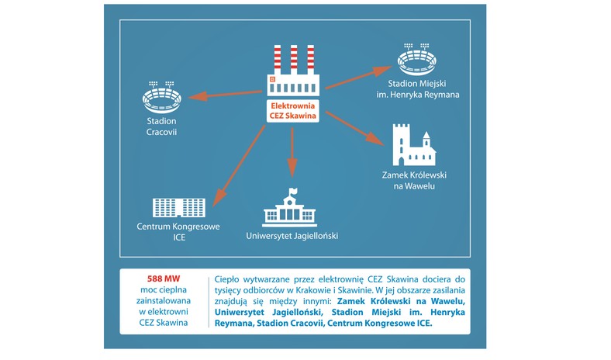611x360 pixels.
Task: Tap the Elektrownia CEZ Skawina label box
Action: point(293,111)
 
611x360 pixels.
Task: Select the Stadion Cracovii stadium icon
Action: point(162,97)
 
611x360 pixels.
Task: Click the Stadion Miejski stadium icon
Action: point(416,59)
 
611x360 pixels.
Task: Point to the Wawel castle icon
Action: point(414,145)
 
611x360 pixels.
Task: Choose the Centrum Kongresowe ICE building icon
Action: point(179,207)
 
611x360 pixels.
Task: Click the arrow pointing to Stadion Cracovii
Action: point(225,95)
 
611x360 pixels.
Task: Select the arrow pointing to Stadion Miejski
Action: point(358,78)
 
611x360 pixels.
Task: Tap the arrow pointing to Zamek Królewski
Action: point(355,128)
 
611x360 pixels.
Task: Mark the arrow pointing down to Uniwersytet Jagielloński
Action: point(292,153)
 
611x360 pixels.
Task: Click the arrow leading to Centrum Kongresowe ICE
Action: point(239,166)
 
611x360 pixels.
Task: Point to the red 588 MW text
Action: point(164,279)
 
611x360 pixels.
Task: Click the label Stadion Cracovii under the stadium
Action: point(162,126)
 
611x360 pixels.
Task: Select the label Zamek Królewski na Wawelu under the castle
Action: point(414,181)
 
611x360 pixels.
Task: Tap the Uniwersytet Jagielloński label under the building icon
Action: point(292,236)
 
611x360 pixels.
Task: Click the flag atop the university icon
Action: point(292,191)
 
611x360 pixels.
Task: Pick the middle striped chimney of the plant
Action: point(294,59)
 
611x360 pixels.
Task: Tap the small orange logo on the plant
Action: point(273,79)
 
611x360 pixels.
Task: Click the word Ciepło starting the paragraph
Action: point(226,279)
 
